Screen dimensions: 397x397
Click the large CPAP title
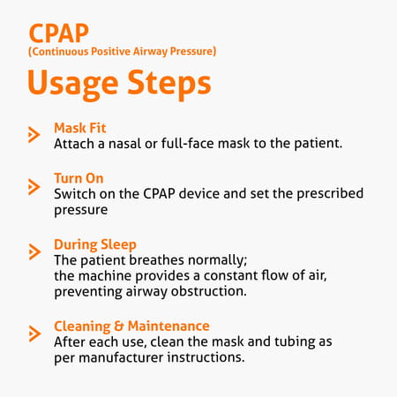[x=59, y=33]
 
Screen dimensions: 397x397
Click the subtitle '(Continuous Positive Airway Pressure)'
[x=123, y=52]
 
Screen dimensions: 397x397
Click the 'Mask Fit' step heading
[x=81, y=127]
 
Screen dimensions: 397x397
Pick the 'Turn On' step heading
[x=79, y=178]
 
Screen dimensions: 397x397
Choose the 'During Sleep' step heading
[x=94, y=244]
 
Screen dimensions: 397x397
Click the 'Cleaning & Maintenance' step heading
[x=132, y=326]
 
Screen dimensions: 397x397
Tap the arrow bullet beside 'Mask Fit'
[x=34, y=135]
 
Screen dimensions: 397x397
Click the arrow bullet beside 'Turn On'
[x=34, y=186]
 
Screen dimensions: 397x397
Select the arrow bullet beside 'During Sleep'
[x=34, y=252]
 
